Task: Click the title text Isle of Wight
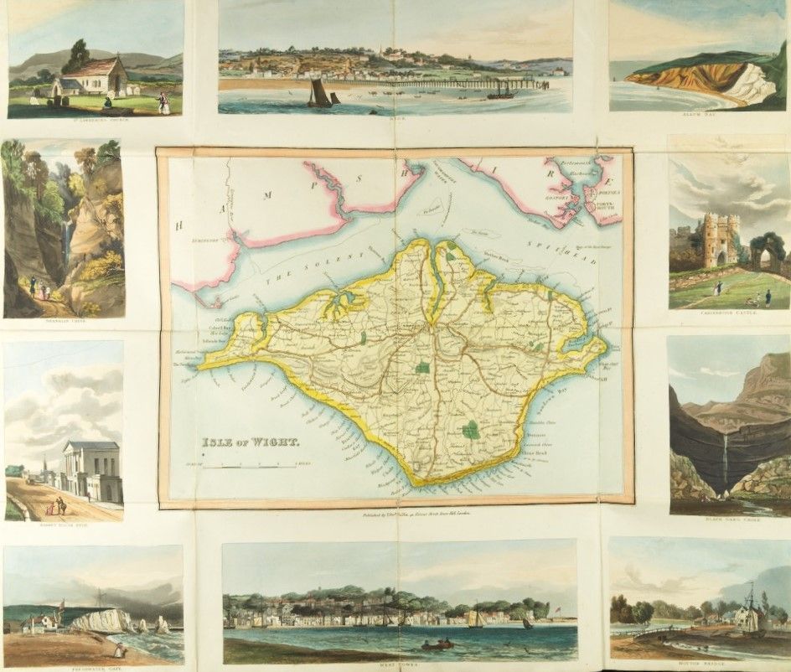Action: [249, 442]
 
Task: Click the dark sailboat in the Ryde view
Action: [319, 93]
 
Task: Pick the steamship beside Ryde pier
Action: [501, 91]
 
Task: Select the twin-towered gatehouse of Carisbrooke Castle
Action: [720, 240]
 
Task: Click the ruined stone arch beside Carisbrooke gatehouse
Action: [768, 251]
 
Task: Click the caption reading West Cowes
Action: [399, 668]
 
